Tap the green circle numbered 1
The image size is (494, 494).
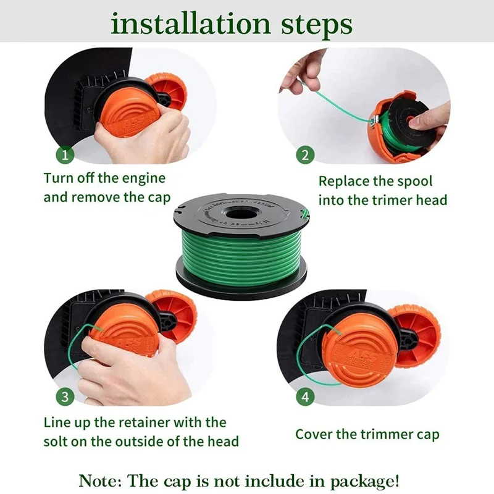pos(65,153)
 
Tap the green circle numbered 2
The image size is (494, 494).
pos(305,155)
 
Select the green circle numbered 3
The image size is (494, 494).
pos(65,396)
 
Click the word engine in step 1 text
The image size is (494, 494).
pos(144,178)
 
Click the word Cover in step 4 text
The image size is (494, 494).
pos(314,434)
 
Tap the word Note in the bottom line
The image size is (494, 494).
pos(99,479)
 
